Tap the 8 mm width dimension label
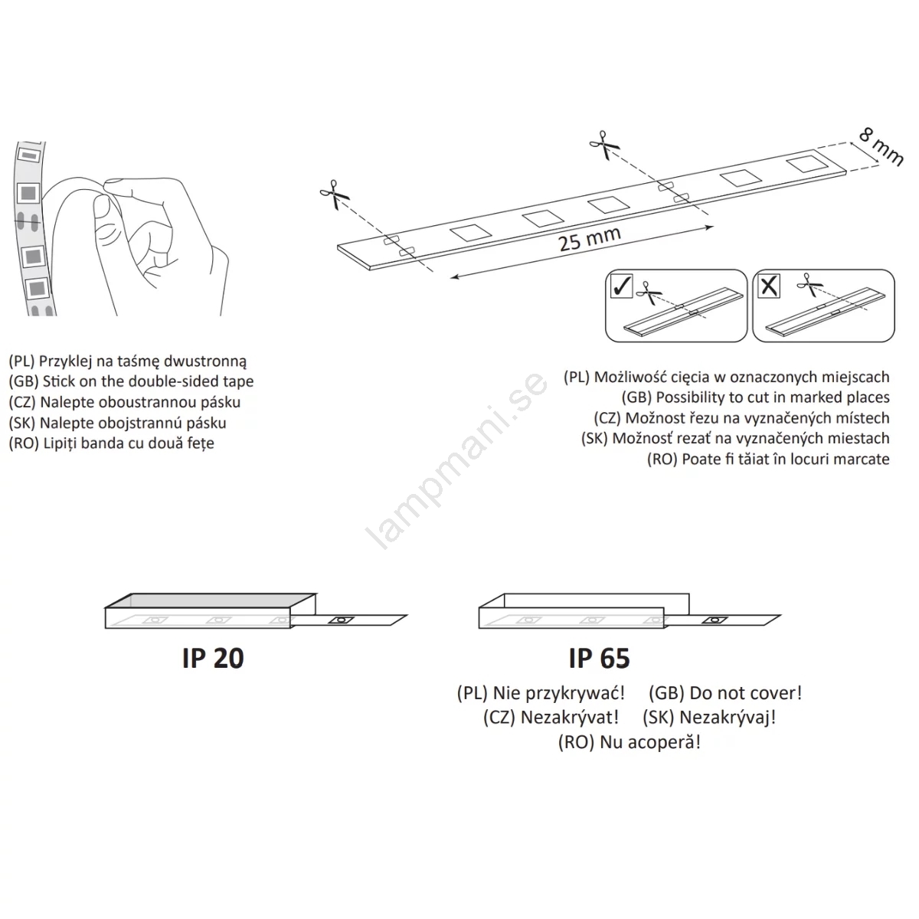881,148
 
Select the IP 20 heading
213,658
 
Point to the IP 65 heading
600,658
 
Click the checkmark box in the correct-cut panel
621,286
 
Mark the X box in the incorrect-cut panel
769,286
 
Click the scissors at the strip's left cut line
335,195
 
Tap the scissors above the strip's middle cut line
604,145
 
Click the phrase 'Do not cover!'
746,693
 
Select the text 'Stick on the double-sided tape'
149,381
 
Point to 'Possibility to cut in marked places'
773,397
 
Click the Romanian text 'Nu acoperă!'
650,742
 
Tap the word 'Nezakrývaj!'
728,718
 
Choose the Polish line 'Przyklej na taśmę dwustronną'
142,361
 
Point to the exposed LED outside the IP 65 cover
714,620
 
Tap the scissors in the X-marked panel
809,285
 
